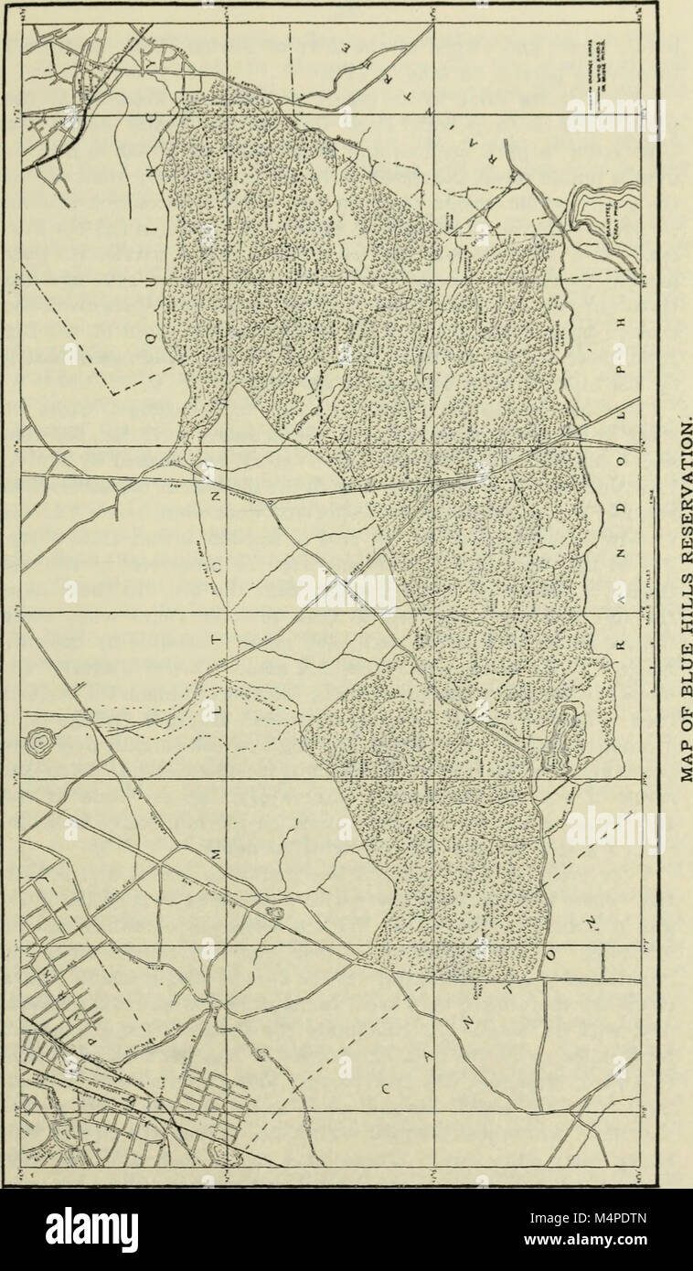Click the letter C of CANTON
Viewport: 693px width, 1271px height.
388,1089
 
